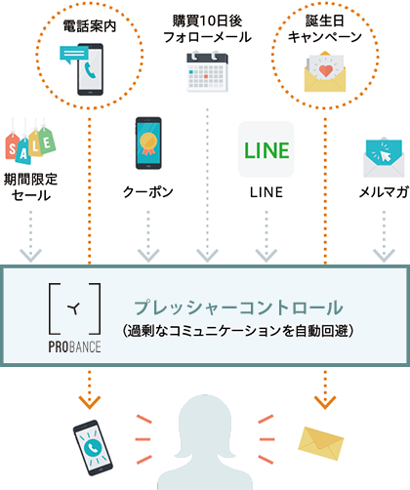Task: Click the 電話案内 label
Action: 90,26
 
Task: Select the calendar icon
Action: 207,71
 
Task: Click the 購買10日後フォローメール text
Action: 207,29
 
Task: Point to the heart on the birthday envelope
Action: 326,71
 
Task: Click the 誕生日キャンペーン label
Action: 325,29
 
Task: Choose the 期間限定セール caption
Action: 30,187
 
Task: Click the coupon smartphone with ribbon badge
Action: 148,143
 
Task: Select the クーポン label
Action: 148,192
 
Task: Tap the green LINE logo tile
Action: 266,149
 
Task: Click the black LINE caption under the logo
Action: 266,192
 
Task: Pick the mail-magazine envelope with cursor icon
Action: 384,157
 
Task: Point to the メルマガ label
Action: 384,192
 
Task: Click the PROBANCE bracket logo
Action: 74,318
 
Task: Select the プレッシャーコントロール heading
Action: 238,307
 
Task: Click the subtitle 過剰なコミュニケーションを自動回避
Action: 238,331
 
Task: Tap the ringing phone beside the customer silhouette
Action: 93,448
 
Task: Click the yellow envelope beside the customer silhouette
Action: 321,443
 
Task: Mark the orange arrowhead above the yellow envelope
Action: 325,402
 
